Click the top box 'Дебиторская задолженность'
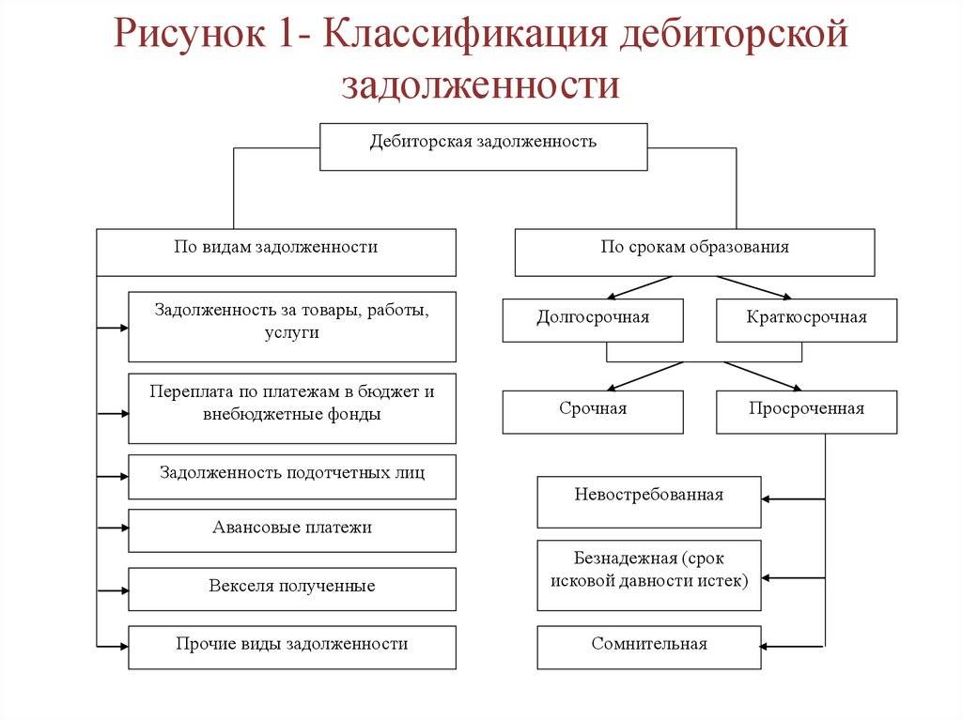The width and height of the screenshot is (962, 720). click(x=483, y=146)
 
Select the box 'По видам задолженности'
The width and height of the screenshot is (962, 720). click(x=276, y=252)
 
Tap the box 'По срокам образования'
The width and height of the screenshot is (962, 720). click(x=694, y=252)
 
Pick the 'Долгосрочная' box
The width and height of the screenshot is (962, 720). click(x=593, y=320)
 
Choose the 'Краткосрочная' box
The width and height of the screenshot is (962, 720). click(x=806, y=320)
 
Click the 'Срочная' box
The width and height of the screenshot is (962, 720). click(x=593, y=412)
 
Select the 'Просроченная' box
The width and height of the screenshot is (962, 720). click(x=806, y=412)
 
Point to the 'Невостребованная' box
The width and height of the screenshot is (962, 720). click(x=648, y=501)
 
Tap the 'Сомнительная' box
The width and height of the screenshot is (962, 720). click(x=648, y=647)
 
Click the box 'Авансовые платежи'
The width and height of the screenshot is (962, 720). click(x=292, y=530)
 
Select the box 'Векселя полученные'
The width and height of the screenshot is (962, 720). click(x=292, y=589)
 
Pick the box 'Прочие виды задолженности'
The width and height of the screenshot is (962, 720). click(x=292, y=647)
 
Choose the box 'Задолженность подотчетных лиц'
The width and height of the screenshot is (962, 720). click(x=292, y=476)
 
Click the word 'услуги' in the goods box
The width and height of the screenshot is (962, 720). click(x=292, y=332)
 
